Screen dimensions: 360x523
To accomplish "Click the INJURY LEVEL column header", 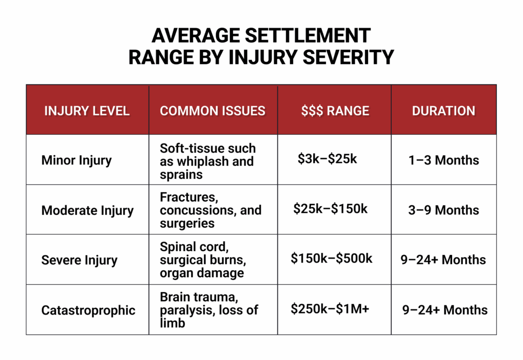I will pos(87,111).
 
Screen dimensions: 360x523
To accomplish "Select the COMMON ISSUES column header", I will pos(212,111).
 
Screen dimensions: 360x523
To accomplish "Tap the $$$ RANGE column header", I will pos(335,111).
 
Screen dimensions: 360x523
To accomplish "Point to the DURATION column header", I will pos(443,111).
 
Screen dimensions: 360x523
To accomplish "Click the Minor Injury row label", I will pos(77,160).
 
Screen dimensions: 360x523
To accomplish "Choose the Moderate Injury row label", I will pos(87,210).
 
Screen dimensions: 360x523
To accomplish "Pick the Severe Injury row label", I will pos(79,260).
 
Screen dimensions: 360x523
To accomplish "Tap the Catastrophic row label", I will pos(88,310).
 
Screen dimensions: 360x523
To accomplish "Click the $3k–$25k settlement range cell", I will pos(327,159).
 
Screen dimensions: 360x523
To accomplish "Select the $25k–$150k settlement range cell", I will pos(330,208).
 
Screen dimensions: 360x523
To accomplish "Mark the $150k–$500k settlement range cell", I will pos(331,258).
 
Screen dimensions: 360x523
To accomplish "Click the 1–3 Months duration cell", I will pos(444,160).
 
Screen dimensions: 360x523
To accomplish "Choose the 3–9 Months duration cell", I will pos(444,210).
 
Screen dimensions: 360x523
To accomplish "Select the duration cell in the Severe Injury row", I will pos(443,260).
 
